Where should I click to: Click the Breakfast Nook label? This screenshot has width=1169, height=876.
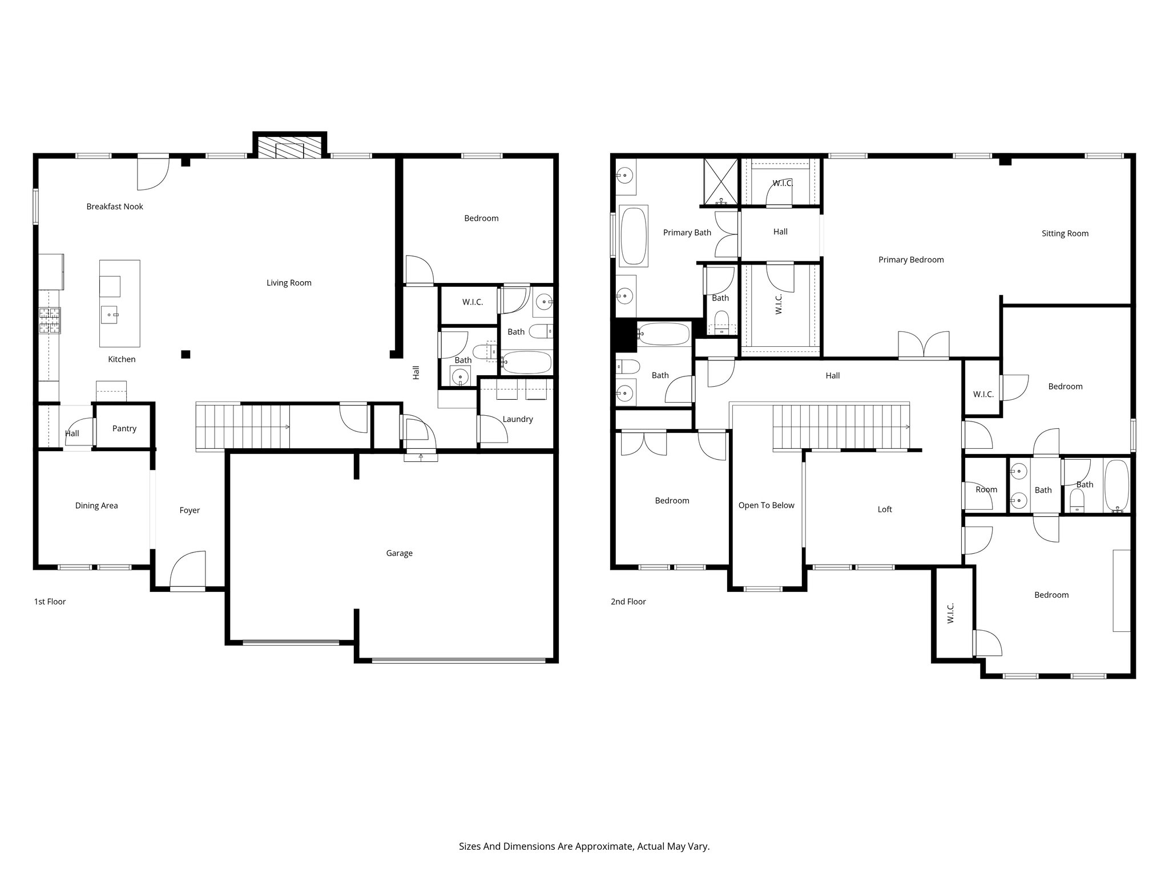115,206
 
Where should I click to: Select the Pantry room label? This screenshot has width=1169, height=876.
124,428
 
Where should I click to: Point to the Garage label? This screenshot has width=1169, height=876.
399,553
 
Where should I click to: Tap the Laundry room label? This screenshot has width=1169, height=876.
518,419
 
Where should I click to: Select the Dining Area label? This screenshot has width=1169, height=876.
96,505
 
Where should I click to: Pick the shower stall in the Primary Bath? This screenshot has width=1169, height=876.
721,181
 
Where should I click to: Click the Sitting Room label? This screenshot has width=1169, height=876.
1065,233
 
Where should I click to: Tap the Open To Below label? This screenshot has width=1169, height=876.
766,505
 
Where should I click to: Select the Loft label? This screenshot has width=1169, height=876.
884,509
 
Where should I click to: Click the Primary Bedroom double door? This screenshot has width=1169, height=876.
924,346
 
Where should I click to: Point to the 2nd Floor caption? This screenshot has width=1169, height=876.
628,601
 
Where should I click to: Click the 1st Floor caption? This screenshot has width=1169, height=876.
50,601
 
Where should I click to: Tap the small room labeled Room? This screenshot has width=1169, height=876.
986,489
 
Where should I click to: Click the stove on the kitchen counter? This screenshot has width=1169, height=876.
50,321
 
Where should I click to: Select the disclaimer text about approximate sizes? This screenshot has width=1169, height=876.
584,846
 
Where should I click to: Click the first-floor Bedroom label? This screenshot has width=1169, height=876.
481,218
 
